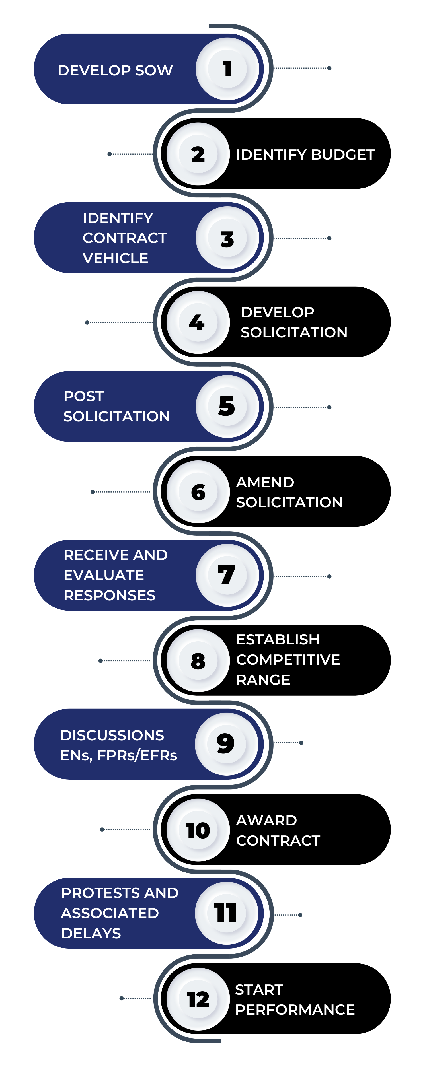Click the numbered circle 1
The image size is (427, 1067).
coord(227,69)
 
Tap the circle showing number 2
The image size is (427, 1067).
coord(198,154)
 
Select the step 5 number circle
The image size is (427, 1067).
coord(227,406)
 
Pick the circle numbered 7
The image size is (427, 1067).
coord(227,575)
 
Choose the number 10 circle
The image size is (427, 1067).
coord(198,830)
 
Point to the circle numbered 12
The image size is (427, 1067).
coord(198,999)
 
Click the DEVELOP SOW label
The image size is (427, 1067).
coord(115,70)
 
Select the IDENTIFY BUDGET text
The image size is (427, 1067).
coord(305,155)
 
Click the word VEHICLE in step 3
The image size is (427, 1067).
coord(115,258)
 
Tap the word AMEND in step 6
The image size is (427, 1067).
coord(265,482)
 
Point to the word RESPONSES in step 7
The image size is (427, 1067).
coord(109,595)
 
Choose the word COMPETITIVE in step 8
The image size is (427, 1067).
coord(288,660)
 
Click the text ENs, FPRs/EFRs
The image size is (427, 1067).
coord(119,755)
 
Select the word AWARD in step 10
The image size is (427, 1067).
coord(266,820)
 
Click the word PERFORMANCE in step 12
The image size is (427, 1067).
coord(295,1010)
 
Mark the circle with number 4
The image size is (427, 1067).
coord(198,322)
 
